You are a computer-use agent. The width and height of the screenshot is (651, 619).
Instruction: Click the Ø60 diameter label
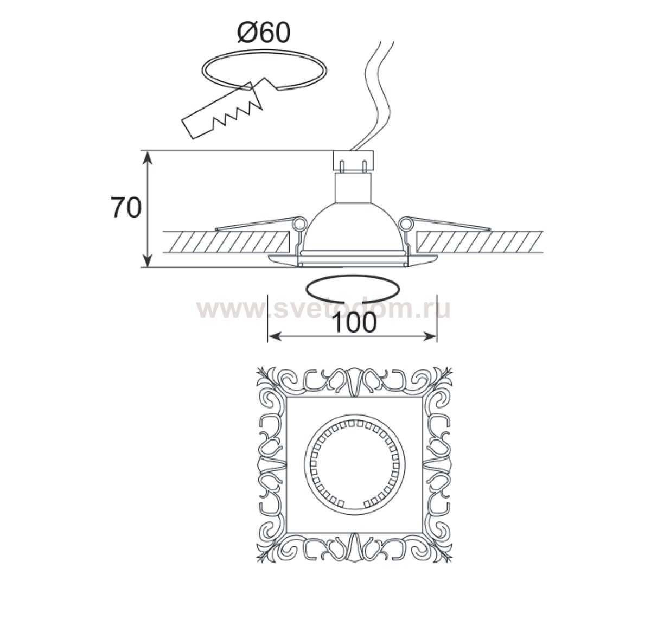(x=264, y=34)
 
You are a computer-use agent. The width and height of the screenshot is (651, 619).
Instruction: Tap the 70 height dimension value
(x=126, y=208)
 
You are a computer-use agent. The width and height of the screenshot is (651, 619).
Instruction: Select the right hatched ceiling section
(x=480, y=242)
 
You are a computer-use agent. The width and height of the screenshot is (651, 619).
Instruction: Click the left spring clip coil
(x=298, y=223)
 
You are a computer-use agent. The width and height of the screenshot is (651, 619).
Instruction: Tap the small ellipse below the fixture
(x=352, y=287)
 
